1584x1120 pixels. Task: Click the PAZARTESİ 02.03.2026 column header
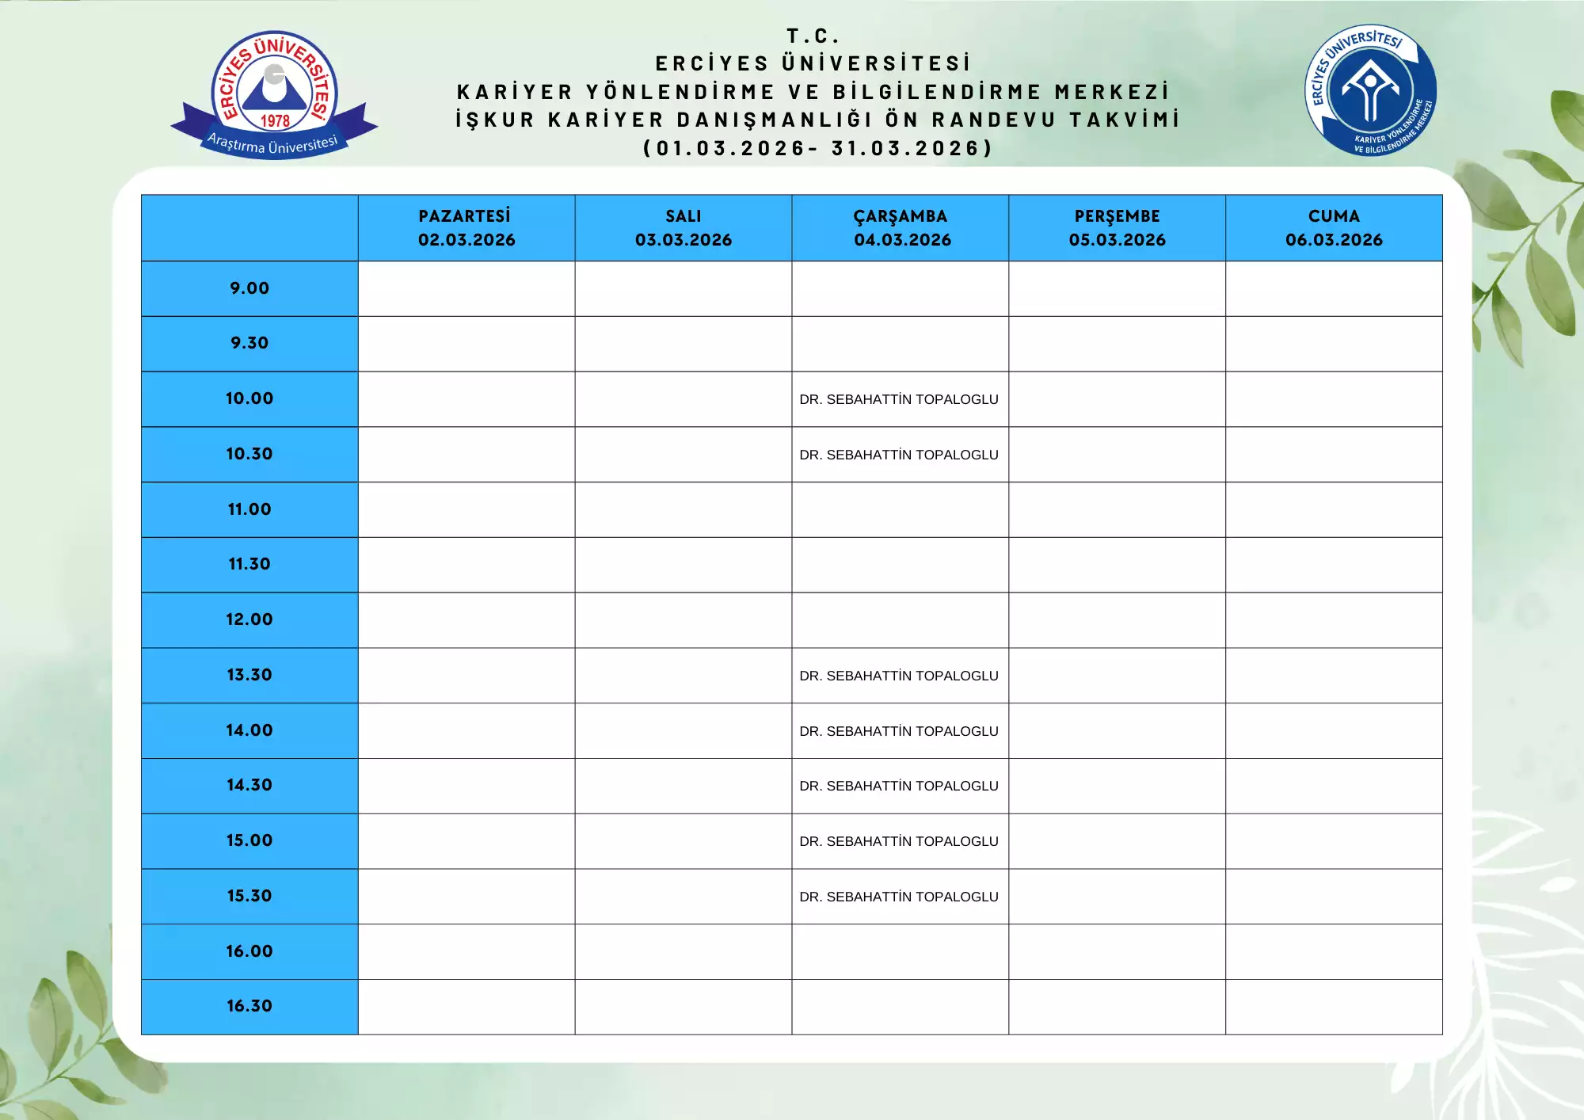pyautogui.click(x=466, y=228)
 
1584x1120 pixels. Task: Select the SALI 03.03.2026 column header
pyautogui.click(x=683, y=228)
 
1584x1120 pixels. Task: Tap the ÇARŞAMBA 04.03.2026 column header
pyautogui.click(x=901, y=228)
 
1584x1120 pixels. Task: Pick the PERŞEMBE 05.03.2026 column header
pyautogui.click(x=1118, y=228)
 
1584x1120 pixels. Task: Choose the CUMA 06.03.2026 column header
pyautogui.click(x=1335, y=228)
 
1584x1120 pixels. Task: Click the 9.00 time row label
pyautogui.click(x=249, y=288)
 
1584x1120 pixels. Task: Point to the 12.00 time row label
pyautogui.click(x=249, y=619)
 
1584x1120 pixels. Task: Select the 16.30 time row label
pyautogui.click(x=249, y=1006)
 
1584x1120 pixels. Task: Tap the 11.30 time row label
pyautogui.click(x=249, y=564)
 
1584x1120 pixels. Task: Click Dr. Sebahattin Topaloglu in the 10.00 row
pyautogui.click(x=899, y=399)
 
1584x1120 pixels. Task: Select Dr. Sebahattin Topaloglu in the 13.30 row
pyautogui.click(x=899, y=676)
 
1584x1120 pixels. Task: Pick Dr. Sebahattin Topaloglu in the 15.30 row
pyautogui.click(x=899, y=897)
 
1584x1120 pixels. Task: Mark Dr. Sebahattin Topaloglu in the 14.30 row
pyautogui.click(x=899, y=786)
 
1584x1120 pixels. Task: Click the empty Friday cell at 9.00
pyautogui.click(x=1335, y=288)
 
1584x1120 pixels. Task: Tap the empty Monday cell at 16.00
pyautogui.click(x=466, y=951)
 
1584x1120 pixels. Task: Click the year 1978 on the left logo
pyautogui.click(x=275, y=121)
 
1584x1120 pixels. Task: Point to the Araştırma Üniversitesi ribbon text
pyautogui.click(x=272, y=144)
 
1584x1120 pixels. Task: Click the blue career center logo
pyautogui.click(x=1371, y=90)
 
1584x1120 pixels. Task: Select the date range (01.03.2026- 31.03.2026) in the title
pyautogui.click(x=818, y=148)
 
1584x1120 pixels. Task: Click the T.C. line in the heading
pyautogui.click(x=813, y=36)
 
